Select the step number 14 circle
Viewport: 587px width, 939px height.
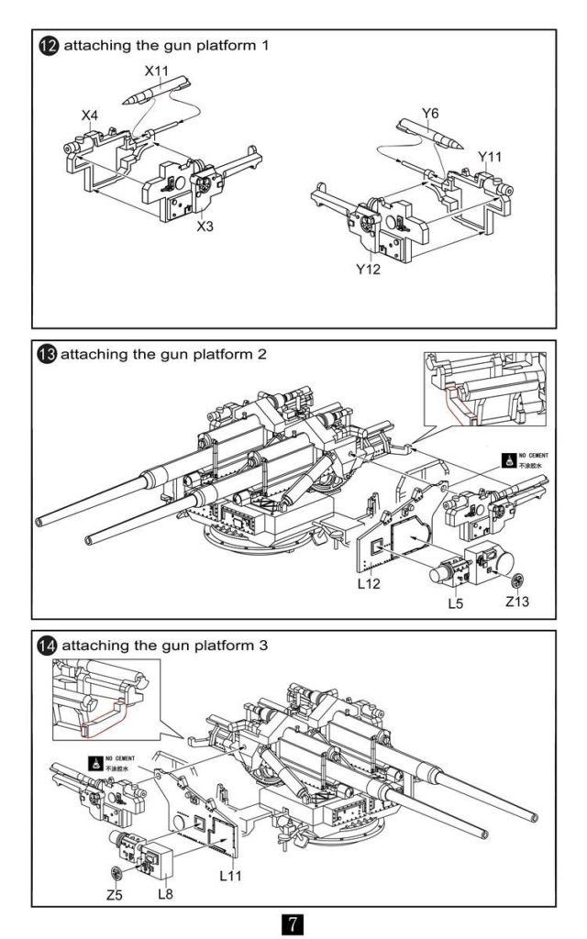tap(45, 645)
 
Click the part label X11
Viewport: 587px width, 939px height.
tap(158, 70)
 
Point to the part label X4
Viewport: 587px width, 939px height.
tap(89, 116)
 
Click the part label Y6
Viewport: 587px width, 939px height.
tap(431, 113)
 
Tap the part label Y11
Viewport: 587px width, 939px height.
tap(491, 156)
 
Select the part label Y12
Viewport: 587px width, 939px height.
tap(369, 270)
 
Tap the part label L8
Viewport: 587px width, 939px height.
tap(166, 892)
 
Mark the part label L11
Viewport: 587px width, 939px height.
tap(232, 877)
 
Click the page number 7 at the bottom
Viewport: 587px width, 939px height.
tap(293, 921)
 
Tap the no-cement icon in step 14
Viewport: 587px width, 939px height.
tap(94, 762)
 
